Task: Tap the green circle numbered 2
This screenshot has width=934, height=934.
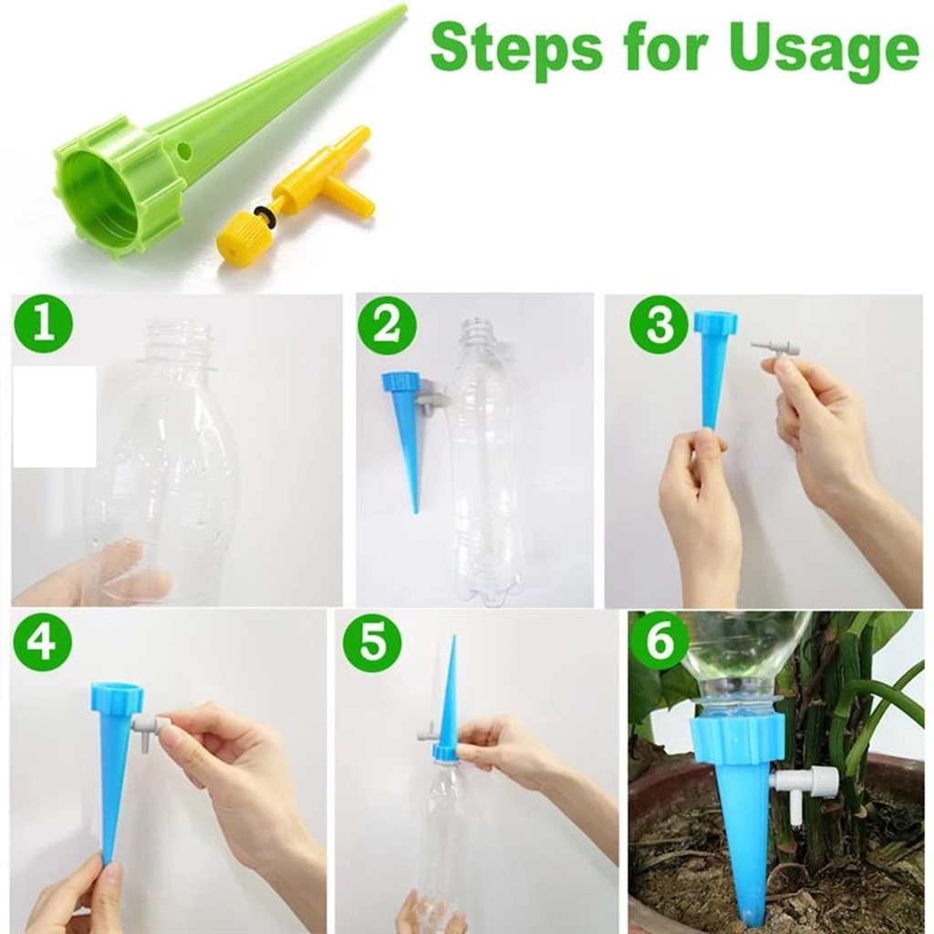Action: tap(387, 327)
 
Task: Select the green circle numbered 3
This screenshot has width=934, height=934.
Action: tap(659, 326)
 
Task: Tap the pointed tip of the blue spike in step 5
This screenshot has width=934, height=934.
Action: tap(454, 637)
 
